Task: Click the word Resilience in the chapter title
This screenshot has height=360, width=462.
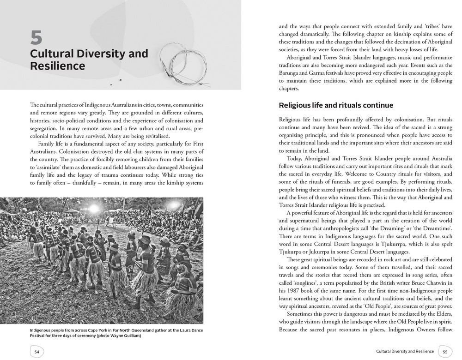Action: pos(57,66)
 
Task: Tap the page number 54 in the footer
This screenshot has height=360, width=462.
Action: pos(36,351)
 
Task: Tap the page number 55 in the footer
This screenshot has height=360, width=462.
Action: pos(445,351)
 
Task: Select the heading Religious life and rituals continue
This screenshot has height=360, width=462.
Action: pos(336,106)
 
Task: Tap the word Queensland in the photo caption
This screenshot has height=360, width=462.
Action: pos(130,330)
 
